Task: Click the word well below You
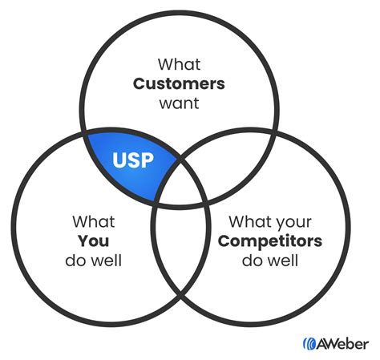[x=105, y=261]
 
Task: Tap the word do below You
[x=75, y=261]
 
